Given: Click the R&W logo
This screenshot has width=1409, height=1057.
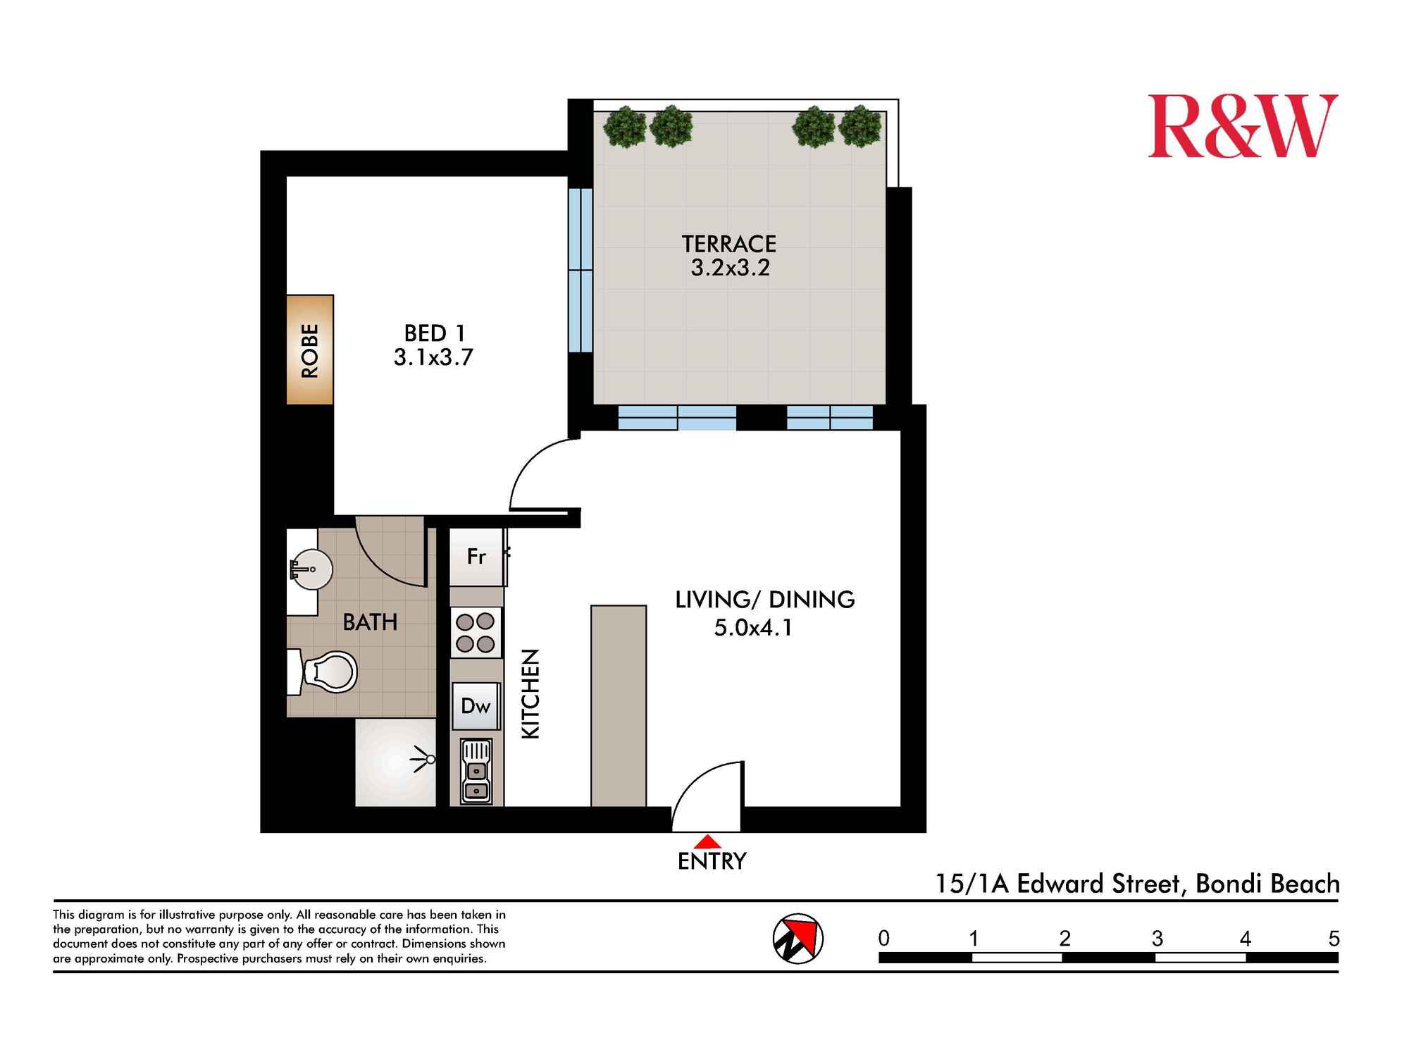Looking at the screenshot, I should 1242,127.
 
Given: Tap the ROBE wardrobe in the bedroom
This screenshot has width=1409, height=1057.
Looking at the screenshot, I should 309,350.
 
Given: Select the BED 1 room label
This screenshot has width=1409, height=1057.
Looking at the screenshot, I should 434,333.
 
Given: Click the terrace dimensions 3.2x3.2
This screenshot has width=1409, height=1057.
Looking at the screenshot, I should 730,268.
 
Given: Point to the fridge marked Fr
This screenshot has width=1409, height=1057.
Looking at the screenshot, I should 477,557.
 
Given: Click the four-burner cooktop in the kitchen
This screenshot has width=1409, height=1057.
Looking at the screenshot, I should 476,632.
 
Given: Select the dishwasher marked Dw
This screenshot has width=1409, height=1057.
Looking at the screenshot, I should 476,706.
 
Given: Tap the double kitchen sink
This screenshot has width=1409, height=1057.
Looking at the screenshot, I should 476,771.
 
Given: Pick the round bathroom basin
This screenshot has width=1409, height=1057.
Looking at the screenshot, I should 312,569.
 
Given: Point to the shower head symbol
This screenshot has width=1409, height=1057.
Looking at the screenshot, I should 426,759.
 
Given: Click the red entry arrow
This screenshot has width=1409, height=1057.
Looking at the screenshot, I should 707,841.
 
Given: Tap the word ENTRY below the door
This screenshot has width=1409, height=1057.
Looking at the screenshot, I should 712,861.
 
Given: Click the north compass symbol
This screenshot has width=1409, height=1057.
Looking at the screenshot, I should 797,939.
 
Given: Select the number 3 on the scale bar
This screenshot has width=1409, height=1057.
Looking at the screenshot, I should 1157,939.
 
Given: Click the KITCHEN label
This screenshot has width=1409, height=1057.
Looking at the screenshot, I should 530,694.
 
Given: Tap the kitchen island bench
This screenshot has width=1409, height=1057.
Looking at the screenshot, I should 618,705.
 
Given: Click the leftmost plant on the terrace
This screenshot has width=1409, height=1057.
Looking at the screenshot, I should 624,127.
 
